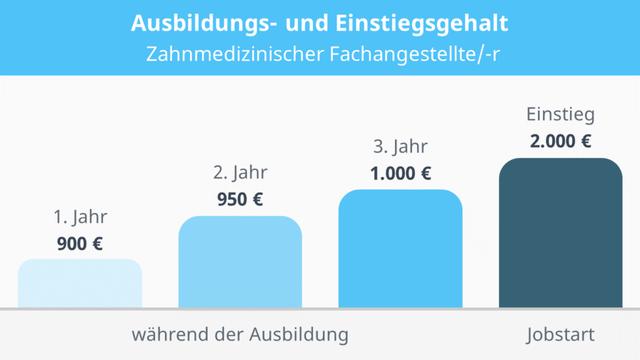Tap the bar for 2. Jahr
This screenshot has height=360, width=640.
coord(240,262)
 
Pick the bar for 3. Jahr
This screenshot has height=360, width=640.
coord(400,248)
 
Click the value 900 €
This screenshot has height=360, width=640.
coord(80,242)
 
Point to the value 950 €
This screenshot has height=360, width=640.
coord(240,198)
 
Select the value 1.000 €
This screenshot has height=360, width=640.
coord(400,173)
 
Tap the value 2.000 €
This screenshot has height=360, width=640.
coord(560,141)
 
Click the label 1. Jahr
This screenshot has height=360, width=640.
coord(80,216)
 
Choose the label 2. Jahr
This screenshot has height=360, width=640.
coord(240,172)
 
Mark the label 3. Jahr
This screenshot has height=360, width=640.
coord(400,147)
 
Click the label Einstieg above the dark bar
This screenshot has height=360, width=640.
coord(560,114)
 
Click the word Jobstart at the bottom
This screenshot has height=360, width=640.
coord(560,333)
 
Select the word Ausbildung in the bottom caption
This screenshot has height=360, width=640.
coord(299,333)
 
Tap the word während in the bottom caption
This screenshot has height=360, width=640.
coord(166,333)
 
